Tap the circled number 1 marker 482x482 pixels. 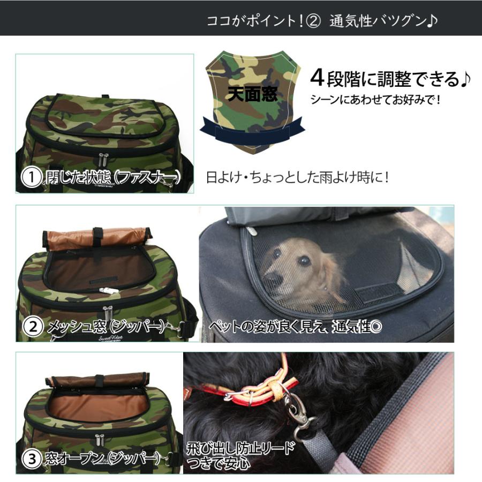point(32,178)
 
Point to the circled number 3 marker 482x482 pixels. point(33,458)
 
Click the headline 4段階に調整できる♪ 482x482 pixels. point(390,79)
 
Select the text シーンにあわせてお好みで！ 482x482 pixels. point(375,100)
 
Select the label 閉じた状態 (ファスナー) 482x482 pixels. point(112,178)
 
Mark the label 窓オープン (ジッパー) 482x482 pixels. point(102,458)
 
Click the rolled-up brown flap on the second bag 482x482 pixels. point(97,237)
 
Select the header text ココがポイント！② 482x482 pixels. point(263,21)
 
